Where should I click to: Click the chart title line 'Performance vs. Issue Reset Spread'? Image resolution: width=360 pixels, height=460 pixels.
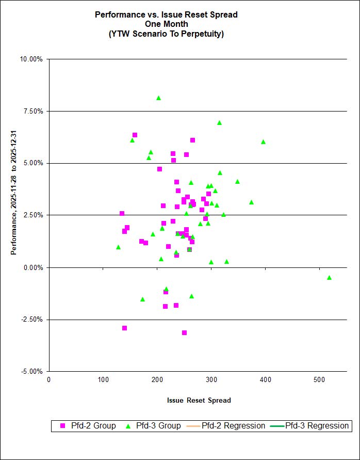[166, 15]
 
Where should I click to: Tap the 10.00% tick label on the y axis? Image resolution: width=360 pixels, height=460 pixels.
[31, 59]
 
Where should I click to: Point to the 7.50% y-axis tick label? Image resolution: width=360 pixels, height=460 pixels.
[33, 111]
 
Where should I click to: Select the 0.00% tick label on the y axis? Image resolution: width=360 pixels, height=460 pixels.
[33, 267]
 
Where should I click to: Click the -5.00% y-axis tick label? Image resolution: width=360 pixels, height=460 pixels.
[32, 372]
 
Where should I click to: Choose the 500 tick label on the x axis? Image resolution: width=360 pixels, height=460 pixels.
[266, 380]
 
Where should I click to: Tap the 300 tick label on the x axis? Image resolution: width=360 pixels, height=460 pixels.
[157, 380]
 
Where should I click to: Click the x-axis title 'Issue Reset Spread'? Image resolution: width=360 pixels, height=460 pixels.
[199, 401]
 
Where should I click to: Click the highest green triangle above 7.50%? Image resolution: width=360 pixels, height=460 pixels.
[158, 98]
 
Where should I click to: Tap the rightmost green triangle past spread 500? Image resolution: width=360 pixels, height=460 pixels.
[329, 278]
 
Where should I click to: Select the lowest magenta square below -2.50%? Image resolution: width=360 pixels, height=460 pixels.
[184, 332]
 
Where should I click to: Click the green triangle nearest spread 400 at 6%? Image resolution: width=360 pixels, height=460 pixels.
[263, 141]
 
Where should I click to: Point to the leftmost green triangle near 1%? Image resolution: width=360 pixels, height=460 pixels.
[118, 247]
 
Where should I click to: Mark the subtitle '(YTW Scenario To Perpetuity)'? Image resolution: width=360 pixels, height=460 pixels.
[166, 34]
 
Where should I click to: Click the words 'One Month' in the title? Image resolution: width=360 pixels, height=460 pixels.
[166, 24]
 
